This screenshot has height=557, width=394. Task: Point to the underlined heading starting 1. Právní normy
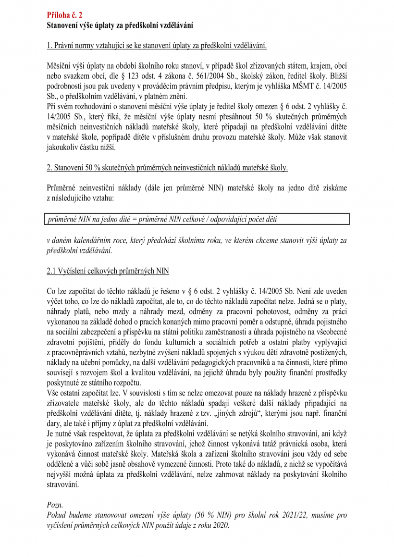tap(157, 46)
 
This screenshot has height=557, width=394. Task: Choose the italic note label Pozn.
tap(55, 506)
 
